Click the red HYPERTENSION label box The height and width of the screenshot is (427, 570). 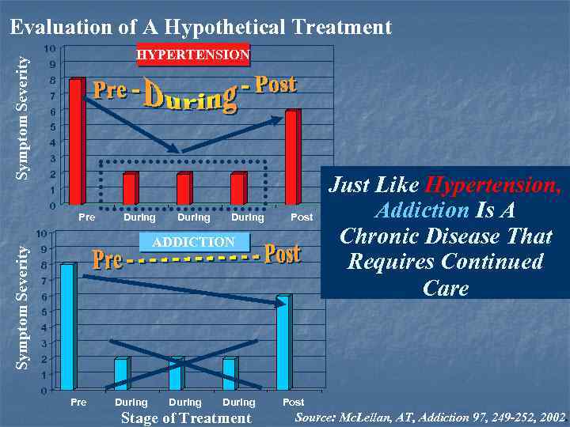193,55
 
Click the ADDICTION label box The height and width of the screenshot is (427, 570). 194,242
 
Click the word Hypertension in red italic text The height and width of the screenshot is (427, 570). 492,186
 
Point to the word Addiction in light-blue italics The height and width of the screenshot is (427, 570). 422,210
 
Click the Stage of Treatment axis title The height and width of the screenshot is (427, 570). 185,418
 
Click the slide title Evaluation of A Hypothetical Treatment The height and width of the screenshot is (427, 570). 200,28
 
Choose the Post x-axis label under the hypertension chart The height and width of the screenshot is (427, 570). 302,217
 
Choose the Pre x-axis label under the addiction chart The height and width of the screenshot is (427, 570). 78,402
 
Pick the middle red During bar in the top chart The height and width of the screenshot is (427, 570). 184,188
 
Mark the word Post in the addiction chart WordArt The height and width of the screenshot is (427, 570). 282,255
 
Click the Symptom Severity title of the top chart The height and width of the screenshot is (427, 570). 24,116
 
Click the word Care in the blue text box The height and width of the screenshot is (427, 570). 446,288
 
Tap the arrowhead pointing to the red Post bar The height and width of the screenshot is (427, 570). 278,119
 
